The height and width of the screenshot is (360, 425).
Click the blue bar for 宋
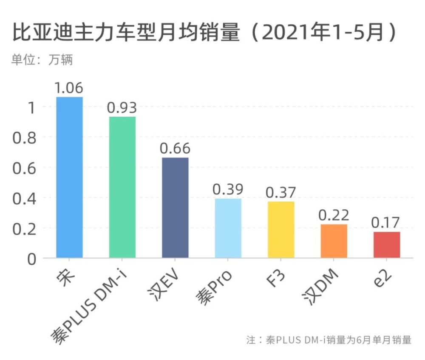coord(70,177)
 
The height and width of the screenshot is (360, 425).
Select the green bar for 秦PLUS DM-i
coord(122,187)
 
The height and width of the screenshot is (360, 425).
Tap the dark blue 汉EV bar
coord(175,208)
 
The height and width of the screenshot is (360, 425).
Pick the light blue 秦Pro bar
coord(228,228)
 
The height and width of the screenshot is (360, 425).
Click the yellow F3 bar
coord(281,230)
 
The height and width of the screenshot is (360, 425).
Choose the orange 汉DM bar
coord(334,241)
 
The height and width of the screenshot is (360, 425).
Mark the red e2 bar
coord(387,245)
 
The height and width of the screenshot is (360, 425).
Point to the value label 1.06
coord(70,88)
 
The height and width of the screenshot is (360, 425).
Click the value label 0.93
coord(122,108)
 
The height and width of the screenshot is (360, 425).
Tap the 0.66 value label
coord(175,149)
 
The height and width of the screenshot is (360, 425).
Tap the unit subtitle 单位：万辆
coord(42,59)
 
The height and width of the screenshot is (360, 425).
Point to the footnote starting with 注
coord(329,340)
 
